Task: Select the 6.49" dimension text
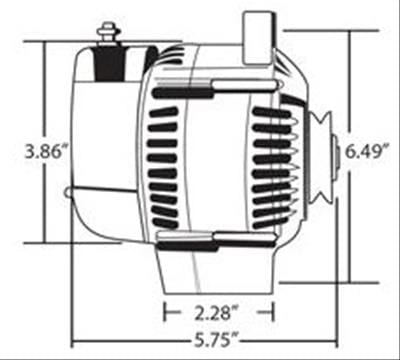click(363, 152)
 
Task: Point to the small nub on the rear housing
click(66, 192)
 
